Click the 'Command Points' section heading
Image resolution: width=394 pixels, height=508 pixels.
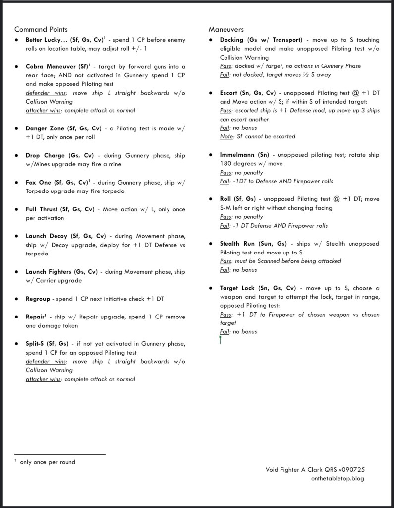(41, 30)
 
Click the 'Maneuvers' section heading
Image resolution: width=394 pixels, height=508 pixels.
(226, 30)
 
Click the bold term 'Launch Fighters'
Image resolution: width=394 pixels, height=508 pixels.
(49, 272)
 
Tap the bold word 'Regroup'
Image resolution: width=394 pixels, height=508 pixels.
(38, 299)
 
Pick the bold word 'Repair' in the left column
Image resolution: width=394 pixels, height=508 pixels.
(36, 317)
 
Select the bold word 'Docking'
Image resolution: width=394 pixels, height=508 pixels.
(231, 40)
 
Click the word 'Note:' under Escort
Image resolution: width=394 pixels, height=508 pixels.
(227, 136)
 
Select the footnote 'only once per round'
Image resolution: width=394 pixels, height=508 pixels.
(48, 462)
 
